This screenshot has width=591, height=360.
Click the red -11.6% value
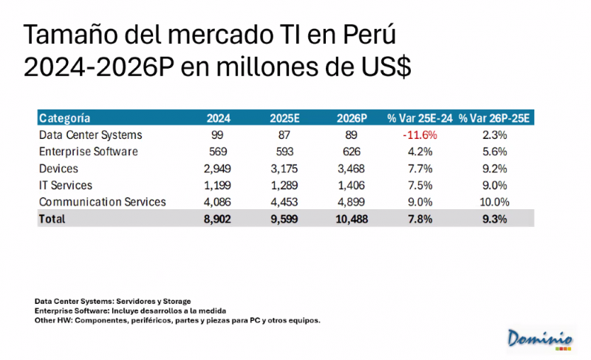tap(420, 135)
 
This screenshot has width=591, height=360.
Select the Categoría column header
tap(65, 118)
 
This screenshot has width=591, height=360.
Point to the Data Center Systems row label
tap(90, 135)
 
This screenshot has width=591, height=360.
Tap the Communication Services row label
tap(102, 202)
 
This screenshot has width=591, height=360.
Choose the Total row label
tap(52, 219)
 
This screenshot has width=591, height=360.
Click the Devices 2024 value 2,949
tap(217, 169)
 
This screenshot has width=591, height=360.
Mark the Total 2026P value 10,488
tap(351, 219)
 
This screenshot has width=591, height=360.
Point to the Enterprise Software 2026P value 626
tap(351, 152)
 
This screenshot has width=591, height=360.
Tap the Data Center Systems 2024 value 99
tap(217, 135)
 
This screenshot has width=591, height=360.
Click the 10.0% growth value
tap(495, 202)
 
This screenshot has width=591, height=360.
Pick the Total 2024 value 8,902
tap(217, 219)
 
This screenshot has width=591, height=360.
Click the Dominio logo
tap(540, 338)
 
